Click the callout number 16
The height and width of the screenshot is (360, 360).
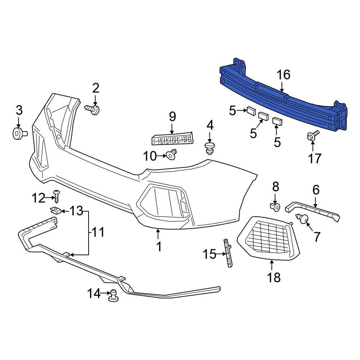click(x=283, y=75)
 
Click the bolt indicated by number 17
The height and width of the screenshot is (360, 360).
click(x=312, y=136)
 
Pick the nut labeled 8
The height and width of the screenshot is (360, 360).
click(x=275, y=207)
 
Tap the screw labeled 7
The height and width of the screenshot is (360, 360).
click(x=302, y=218)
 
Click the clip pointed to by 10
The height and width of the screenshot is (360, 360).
click(x=172, y=155)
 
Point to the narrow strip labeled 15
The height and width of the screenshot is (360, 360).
click(x=228, y=253)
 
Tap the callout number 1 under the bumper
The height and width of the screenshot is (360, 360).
click(x=159, y=247)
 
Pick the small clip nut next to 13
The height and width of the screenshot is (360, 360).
click(x=55, y=210)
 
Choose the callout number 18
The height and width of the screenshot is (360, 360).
click(x=274, y=277)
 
